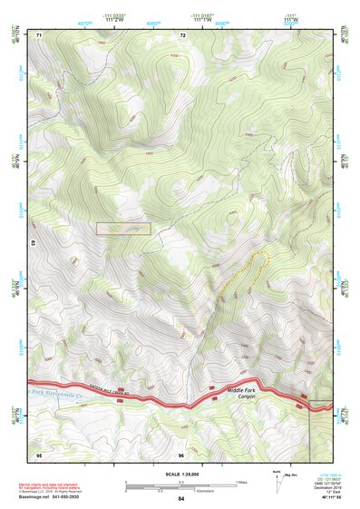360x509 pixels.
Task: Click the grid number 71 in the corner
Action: pyautogui.click(x=39, y=34)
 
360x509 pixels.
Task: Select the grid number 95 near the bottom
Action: pyautogui.click(x=39, y=454)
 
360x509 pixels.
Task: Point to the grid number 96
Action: pyautogui.click(x=182, y=454)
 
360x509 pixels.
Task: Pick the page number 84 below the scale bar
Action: pyautogui.click(x=181, y=499)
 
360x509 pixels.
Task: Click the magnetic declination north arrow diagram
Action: pyautogui.click(x=277, y=482)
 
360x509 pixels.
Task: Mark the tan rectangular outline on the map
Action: pyautogui.click(x=123, y=229)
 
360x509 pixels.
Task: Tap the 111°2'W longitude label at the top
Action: pyautogui.click(x=114, y=20)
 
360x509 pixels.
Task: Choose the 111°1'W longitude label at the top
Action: pyautogui.click(x=203, y=20)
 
